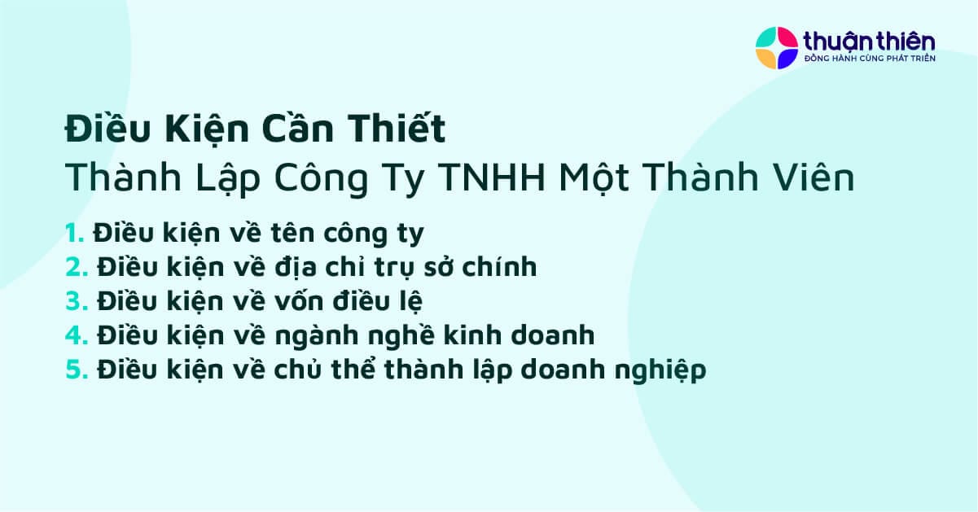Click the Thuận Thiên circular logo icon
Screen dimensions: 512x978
[776, 47]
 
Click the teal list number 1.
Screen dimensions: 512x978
[74, 234]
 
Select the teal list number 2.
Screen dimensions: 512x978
[76, 267]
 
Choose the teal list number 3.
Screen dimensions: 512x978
[76, 301]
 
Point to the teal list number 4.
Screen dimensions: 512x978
[76, 335]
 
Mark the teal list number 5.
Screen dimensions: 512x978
[76, 370]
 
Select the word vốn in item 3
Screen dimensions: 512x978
[295, 301]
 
